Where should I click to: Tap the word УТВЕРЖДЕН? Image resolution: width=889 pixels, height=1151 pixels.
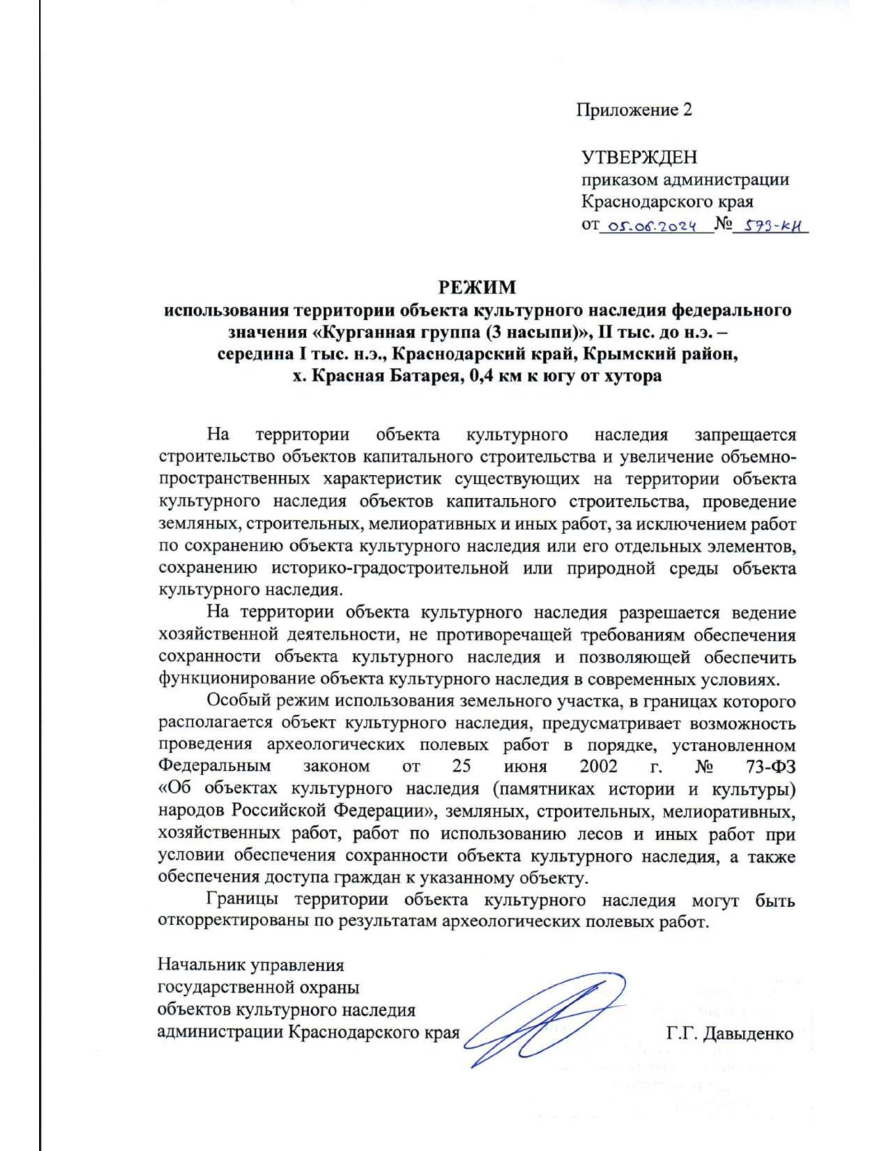[x=639, y=157]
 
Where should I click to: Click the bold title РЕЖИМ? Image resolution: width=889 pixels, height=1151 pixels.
[x=476, y=287]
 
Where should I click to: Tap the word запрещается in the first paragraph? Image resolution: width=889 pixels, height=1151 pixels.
[x=745, y=435]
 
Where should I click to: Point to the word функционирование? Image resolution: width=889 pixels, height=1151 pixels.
[x=238, y=678]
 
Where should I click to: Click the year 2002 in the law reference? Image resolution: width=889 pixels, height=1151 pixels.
[x=599, y=766]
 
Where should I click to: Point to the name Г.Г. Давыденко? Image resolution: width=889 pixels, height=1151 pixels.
[x=729, y=1033]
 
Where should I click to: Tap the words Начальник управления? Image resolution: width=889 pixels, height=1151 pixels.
[x=250, y=966]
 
